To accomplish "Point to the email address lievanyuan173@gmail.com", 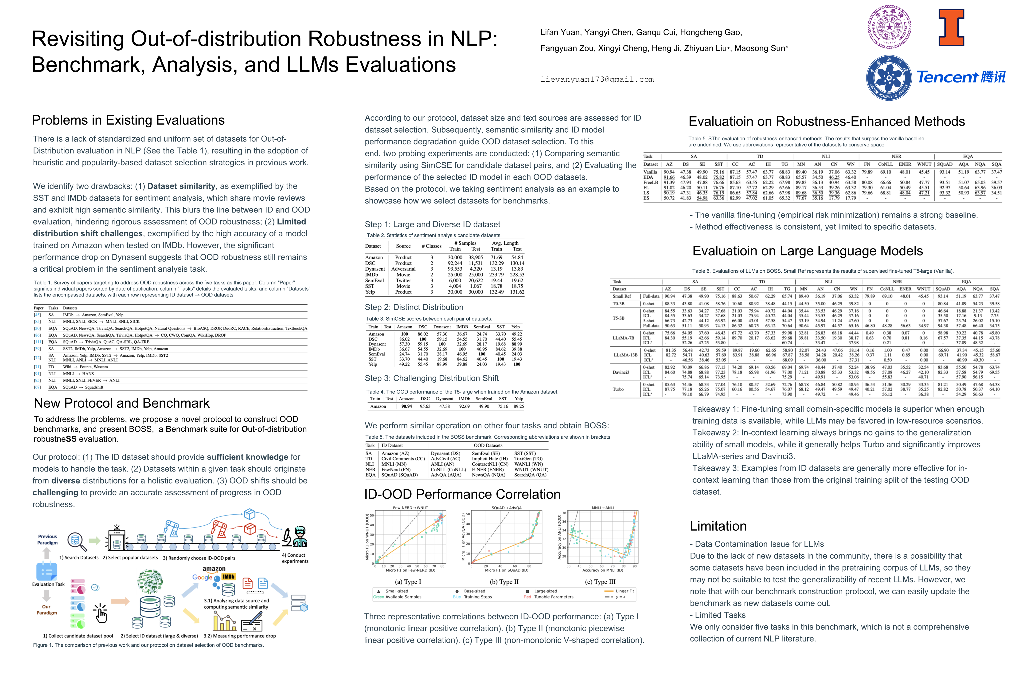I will click(x=597, y=79).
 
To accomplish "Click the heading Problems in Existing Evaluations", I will click(x=128, y=120).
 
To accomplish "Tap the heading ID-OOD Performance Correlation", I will click(x=462, y=494).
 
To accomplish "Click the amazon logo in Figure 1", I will click(x=214, y=569).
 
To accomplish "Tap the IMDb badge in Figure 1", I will click(x=228, y=577).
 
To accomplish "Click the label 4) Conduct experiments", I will click(x=295, y=558).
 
